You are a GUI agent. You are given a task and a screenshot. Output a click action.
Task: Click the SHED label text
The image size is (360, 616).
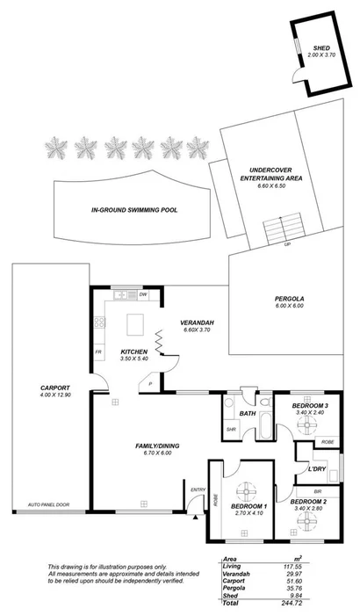[x=321, y=47]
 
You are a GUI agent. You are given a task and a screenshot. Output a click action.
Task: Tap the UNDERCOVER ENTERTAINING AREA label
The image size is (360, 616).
[x=265, y=172]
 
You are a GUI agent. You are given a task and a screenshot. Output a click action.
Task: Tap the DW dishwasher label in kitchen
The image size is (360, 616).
[x=142, y=294]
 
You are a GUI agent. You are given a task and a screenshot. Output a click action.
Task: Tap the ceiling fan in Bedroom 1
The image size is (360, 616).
[x=247, y=492]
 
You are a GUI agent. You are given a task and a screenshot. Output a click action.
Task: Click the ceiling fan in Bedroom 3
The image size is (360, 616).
[x=309, y=425]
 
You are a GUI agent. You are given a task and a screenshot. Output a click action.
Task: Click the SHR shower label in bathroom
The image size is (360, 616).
[x=232, y=429]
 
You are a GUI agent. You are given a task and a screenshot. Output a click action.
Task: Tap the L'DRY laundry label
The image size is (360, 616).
[x=317, y=469]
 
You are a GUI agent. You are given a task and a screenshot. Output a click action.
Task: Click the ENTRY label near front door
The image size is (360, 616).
[x=198, y=489]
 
